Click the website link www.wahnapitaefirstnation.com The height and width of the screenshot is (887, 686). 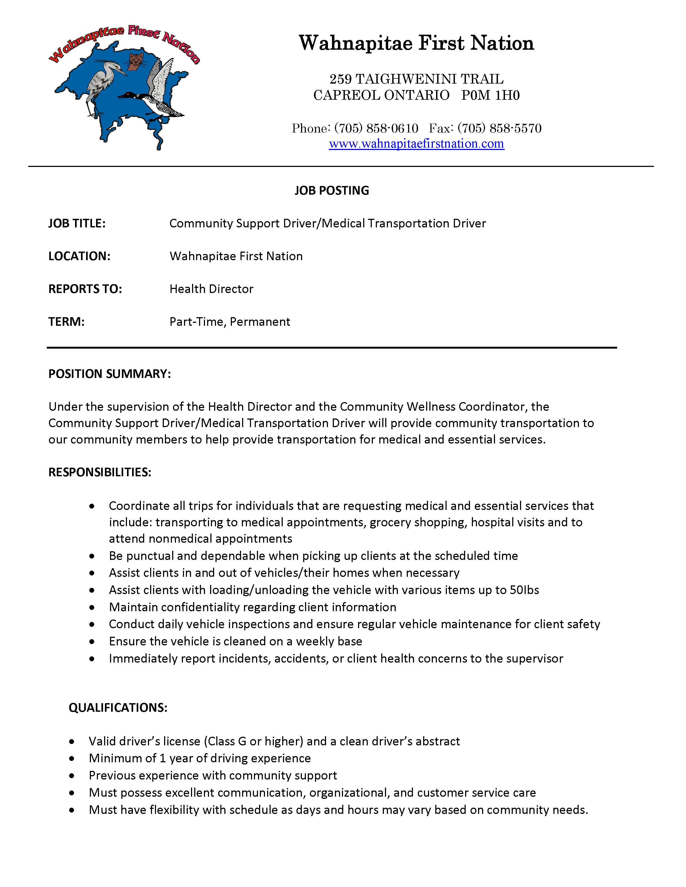click(x=416, y=144)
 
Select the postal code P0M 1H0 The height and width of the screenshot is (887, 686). click(x=490, y=95)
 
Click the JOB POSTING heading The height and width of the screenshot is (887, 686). click(x=332, y=191)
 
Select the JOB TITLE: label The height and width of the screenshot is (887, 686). click(x=77, y=223)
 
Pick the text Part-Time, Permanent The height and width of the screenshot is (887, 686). click(x=230, y=322)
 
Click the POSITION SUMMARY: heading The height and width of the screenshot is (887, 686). click(x=109, y=374)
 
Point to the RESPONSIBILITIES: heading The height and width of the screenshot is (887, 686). click(x=100, y=472)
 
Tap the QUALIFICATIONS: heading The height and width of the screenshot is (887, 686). click(x=118, y=707)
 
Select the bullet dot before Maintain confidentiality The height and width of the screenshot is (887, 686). click(x=92, y=607)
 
